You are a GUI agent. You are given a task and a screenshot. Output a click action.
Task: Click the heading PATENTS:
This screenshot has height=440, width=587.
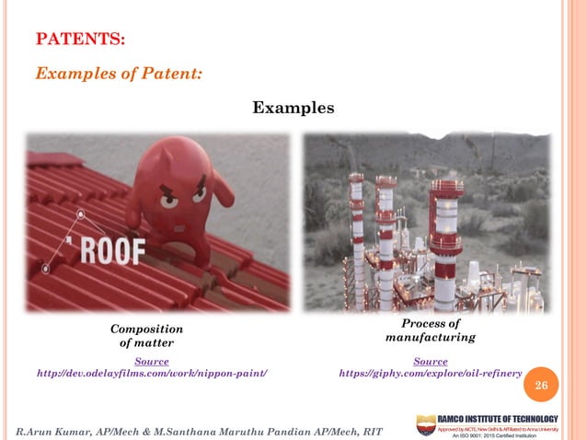80,40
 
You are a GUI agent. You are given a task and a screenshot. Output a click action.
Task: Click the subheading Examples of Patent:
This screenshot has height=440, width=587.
119,74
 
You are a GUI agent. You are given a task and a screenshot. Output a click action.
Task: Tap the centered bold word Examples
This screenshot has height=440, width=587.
293,109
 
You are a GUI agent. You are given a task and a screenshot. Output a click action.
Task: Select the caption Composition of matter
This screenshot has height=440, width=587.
146,336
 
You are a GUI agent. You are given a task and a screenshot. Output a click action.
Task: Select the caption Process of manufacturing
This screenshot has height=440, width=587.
430,331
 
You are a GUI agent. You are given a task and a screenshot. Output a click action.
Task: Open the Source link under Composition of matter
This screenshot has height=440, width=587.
151,361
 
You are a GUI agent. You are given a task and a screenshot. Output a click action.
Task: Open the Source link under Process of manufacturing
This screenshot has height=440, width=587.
430,362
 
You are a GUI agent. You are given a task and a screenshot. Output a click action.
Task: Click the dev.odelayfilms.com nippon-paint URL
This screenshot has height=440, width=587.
151,373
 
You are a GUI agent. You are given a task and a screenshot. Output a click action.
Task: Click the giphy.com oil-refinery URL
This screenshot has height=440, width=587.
430,374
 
